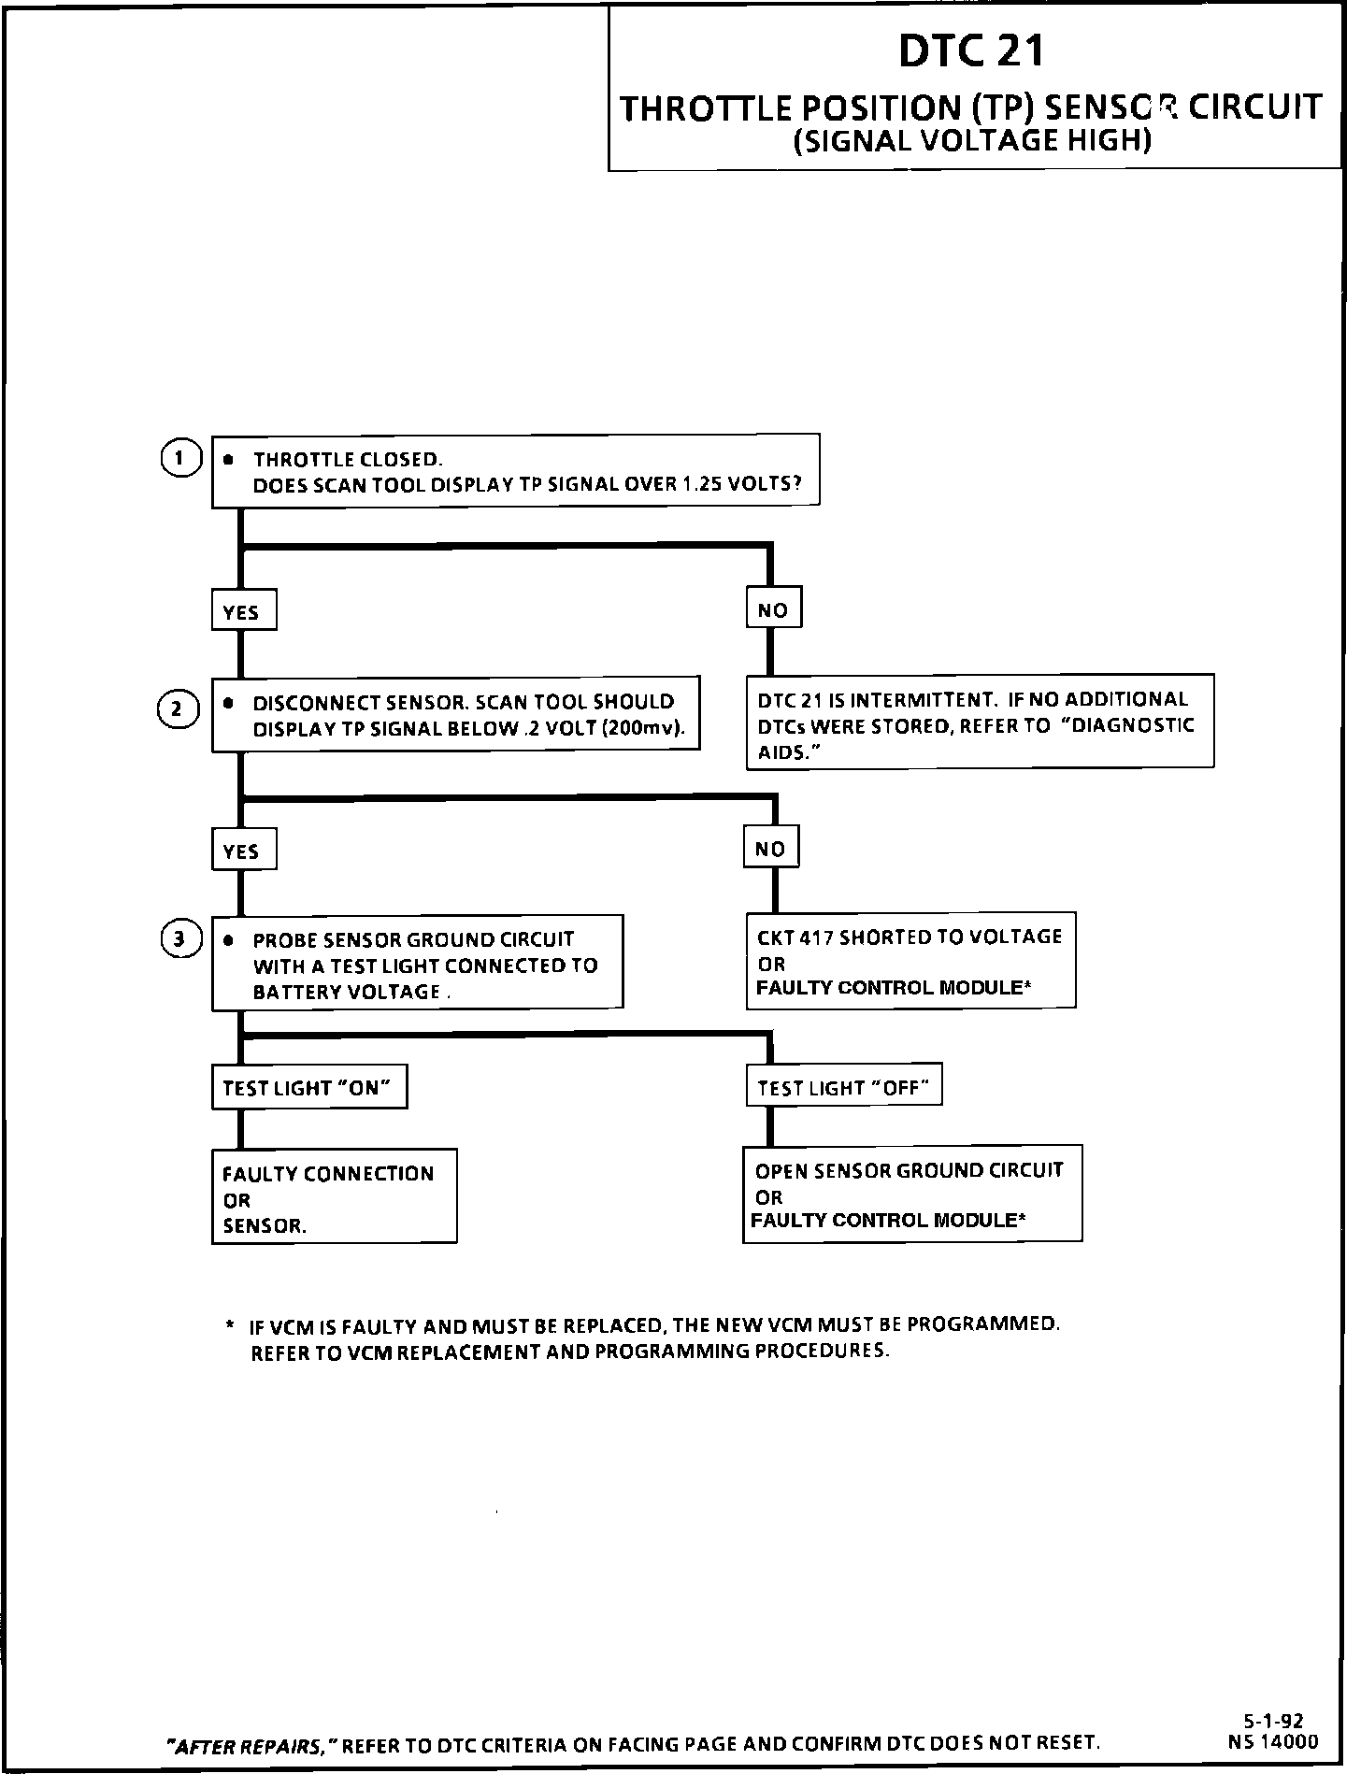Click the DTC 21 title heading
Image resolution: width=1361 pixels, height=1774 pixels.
click(971, 51)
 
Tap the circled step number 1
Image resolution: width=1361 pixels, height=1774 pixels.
click(179, 458)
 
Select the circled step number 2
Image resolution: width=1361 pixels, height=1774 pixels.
click(179, 708)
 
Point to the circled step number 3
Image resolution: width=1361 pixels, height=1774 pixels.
click(179, 939)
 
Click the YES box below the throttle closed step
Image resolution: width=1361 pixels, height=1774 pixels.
click(243, 612)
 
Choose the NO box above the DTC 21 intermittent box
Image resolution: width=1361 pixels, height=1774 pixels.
click(773, 610)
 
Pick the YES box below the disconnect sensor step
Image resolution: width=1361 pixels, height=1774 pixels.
click(243, 851)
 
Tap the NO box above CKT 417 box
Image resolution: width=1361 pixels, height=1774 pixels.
click(771, 849)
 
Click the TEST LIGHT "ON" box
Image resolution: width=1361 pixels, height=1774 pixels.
click(308, 1088)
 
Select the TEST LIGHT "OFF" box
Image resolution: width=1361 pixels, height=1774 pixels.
click(843, 1087)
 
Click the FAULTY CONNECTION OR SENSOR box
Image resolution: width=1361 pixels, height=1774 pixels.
click(334, 1199)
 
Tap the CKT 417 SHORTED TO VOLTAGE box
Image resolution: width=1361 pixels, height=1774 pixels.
click(910, 962)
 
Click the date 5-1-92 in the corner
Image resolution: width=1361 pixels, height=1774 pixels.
click(1273, 1721)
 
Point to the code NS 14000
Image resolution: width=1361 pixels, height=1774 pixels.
click(1273, 1741)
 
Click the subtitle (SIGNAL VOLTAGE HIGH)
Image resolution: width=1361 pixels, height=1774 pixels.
click(971, 141)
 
